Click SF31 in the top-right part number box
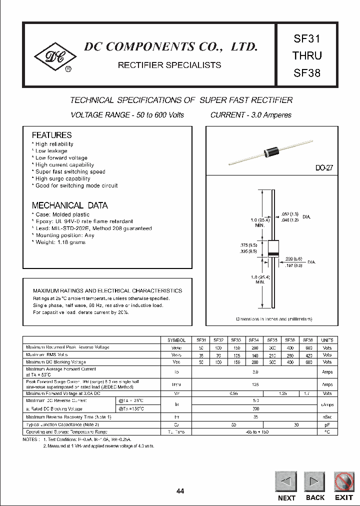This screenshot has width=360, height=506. pyautogui.click(x=307, y=38)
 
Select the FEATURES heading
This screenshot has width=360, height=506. pyautogui.click(x=51, y=135)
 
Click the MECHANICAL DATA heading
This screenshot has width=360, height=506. pyautogui.click(x=69, y=205)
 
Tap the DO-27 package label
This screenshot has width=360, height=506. pyautogui.click(x=324, y=168)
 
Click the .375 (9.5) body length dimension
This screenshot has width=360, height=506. pyautogui.click(x=248, y=245)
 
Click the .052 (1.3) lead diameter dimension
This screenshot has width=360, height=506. pyautogui.click(x=290, y=213)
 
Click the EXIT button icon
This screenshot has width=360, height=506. pyautogui.click(x=343, y=482)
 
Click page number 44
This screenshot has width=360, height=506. pyautogui.click(x=180, y=491)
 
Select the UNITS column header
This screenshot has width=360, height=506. pyautogui.click(x=327, y=340)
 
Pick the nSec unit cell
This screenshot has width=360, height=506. pyautogui.click(x=327, y=416)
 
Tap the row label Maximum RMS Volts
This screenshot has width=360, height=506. pyautogui.click(x=46, y=354)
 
